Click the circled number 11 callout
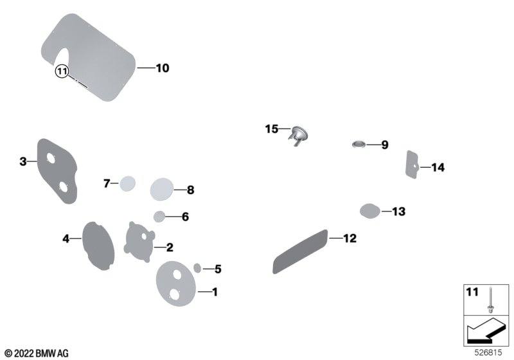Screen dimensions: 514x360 pyautogui.click(x=62, y=71)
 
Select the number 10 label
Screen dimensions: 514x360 pyautogui.click(x=163, y=68)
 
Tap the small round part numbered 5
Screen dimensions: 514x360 pyautogui.click(x=197, y=268)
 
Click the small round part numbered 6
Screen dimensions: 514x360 pyautogui.click(x=159, y=217)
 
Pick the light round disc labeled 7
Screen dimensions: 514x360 pyautogui.click(x=127, y=184)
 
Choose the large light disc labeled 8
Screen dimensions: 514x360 pyautogui.click(x=162, y=190)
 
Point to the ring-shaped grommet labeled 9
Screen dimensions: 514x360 pyautogui.click(x=359, y=144)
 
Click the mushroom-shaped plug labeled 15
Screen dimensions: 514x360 pyautogui.click(x=298, y=134)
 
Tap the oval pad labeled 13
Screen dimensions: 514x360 pyautogui.click(x=370, y=210)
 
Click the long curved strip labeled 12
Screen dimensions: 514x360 pyautogui.click(x=300, y=251)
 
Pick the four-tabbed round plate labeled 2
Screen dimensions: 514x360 pyautogui.click(x=140, y=242)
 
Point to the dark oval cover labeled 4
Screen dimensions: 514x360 pyautogui.click(x=98, y=246)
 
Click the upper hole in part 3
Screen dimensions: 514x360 pyautogui.click(x=51, y=158)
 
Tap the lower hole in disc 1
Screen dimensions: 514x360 pyautogui.click(x=175, y=294)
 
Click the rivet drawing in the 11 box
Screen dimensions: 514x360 pyautogui.click(x=490, y=300)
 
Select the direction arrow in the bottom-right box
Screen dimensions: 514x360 pyautogui.click(x=486, y=330)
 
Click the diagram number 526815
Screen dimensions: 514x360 pyautogui.click(x=488, y=352)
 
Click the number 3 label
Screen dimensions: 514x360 pyautogui.click(x=23, y=161)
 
